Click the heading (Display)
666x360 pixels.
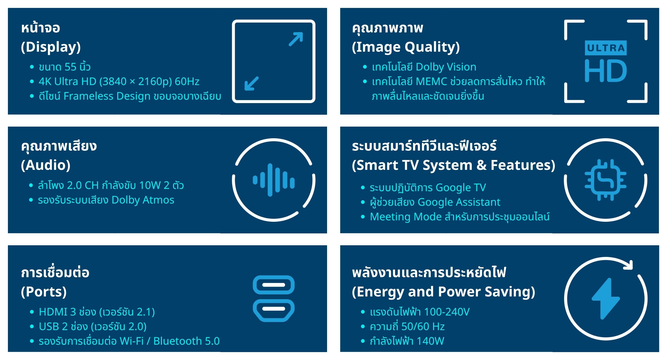51,47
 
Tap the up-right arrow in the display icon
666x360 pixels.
296,39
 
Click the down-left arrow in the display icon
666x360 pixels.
252,84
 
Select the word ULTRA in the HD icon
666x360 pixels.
606,48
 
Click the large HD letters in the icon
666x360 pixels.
606,71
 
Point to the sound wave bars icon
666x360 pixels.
273,180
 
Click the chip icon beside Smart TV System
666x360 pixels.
605,180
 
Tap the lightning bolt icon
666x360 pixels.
606,299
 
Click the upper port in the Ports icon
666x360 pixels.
273,285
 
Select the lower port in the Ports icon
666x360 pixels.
273,311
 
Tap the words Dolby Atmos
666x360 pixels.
143,200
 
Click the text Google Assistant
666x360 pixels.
459,202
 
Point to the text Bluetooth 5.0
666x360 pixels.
186,341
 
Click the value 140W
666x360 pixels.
430,341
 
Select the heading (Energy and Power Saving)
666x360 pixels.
444,292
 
